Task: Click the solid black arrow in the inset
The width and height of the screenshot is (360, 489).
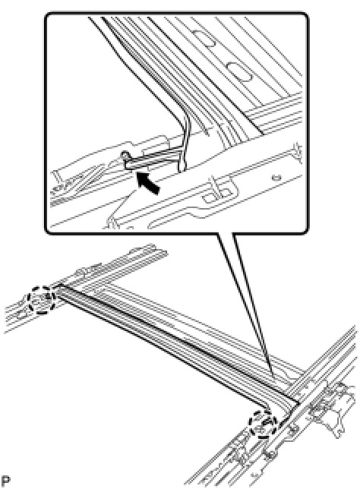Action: (x=149, y=184)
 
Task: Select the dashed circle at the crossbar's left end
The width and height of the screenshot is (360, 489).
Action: (x=42, y=300)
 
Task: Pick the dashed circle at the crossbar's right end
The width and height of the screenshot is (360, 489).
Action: (x=263, y=424)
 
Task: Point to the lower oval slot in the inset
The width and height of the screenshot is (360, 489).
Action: (x=238, y=72)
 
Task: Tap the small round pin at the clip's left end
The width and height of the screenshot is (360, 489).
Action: (x=125, y=154)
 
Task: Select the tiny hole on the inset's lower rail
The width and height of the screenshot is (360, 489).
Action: (x=276, y=178)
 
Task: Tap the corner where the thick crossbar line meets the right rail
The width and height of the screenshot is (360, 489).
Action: (x=298, y=403)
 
